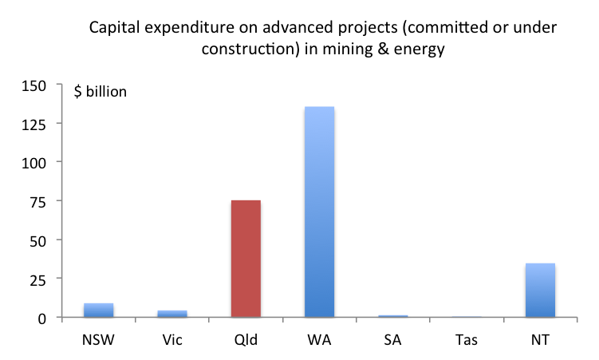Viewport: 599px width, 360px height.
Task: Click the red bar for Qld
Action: [246, 259]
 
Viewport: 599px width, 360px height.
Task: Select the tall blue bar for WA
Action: [319, 212]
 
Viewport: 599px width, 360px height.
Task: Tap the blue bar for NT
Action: [540, 291]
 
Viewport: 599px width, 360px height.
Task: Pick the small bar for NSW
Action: [98, 311]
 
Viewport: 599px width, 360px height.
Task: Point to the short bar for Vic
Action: [171, 314]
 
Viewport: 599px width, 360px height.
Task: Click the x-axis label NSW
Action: [98, 340]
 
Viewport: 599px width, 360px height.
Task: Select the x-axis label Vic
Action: [171, 340]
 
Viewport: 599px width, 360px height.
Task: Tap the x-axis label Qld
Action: [246, 340]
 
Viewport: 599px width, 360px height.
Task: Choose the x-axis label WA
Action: [319, 340]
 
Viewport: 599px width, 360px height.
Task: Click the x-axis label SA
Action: [392, 340]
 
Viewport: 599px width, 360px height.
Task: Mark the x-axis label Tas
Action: [467, 340]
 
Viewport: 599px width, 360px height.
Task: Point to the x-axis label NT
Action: [540, 340]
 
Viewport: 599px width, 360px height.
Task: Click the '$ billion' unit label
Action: [100, 92]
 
